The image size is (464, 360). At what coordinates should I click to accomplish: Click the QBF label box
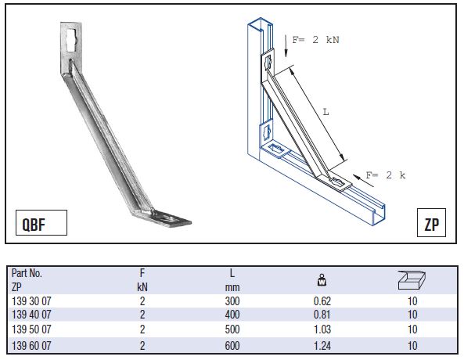41,222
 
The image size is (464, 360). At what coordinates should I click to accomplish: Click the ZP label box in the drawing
431,222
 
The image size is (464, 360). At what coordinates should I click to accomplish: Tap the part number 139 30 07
31,301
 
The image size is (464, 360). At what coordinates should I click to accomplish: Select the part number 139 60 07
31,345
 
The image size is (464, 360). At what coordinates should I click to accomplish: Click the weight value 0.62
322,301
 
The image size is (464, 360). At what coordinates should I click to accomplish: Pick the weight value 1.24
322,345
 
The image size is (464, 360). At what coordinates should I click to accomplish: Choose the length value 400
232,315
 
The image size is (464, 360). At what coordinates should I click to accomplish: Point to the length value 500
232,329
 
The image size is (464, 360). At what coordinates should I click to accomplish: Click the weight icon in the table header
322,279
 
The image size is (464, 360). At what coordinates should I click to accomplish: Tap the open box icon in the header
412,280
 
